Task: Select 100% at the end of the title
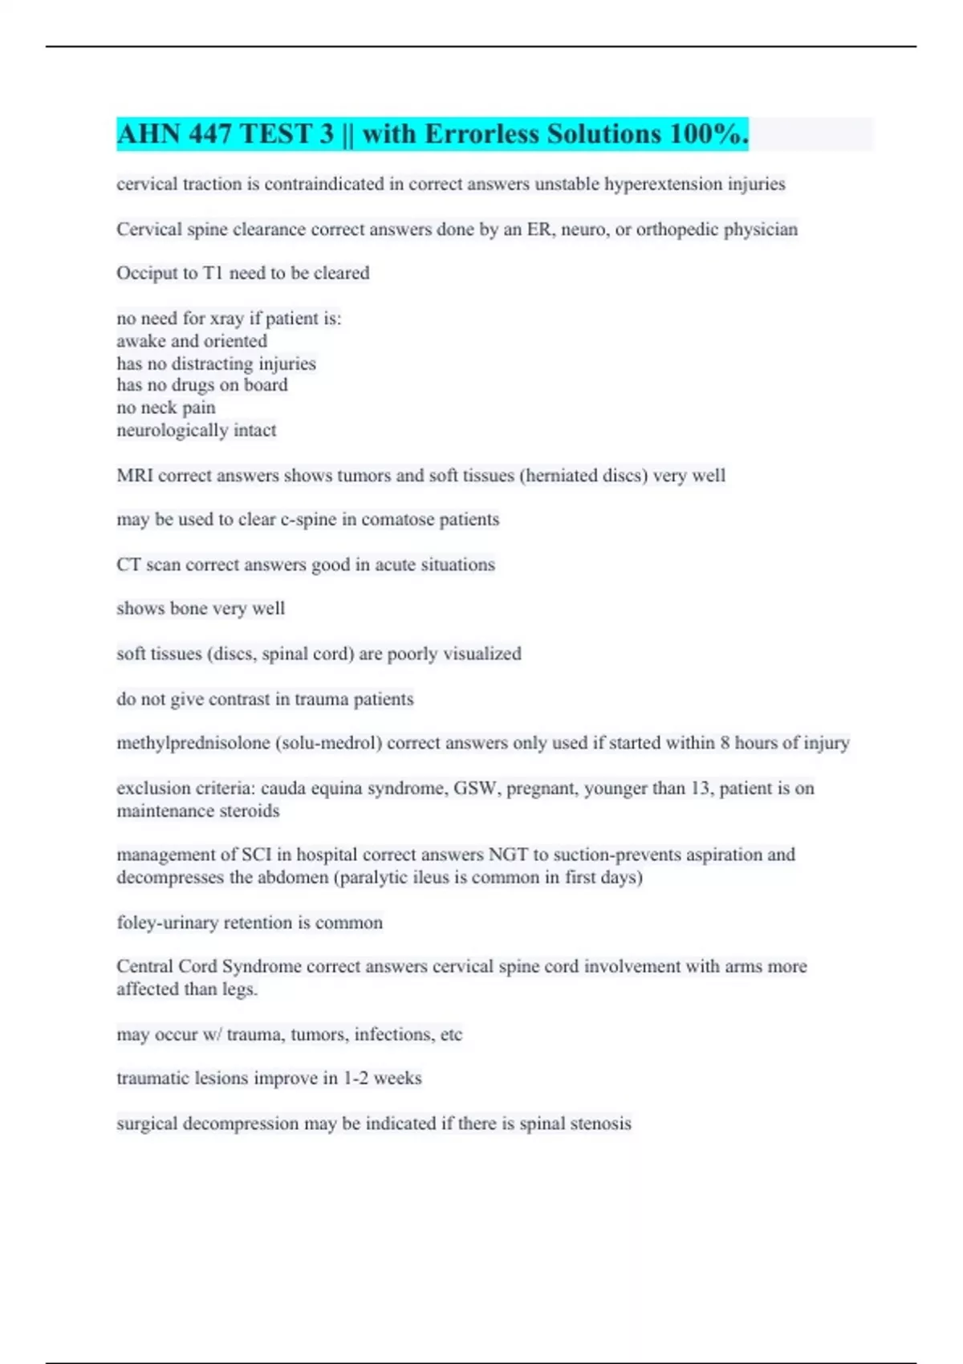coord(708,134)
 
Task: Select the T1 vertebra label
coord(213,274)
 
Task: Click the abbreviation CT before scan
coord(128,565)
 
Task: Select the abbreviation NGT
coord(508,855)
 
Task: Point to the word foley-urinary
coord(167,923)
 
